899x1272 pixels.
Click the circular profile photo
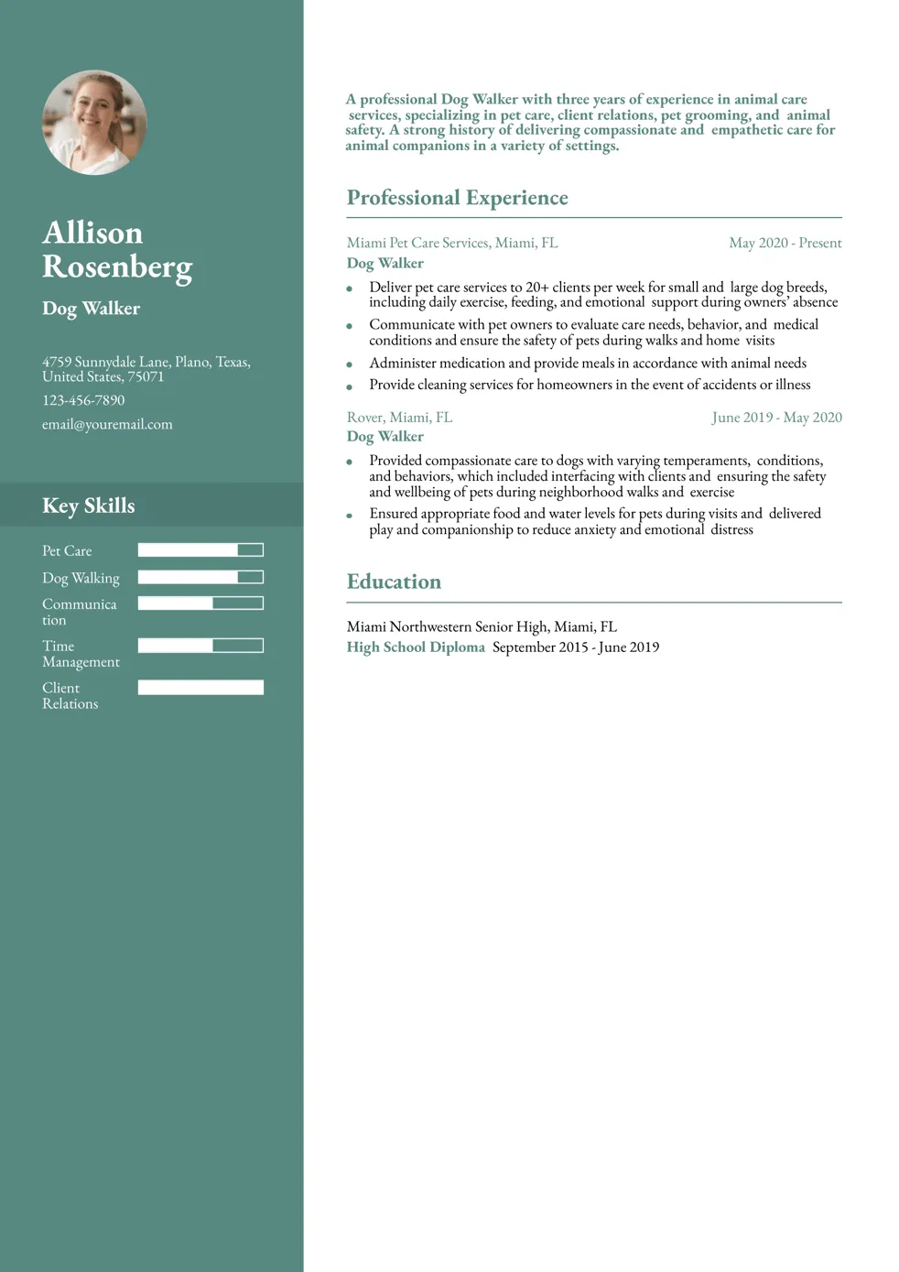(94, 122)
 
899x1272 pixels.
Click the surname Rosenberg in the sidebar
(117, 266)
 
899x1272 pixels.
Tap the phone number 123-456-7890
(83, 400)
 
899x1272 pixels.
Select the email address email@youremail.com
(107, 424)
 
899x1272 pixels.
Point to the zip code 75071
(146, 376)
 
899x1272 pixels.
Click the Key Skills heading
(88, 506)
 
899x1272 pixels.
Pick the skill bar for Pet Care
(200, 549)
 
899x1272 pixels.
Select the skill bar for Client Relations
(200, 687)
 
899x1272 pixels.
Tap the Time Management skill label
(81, 654)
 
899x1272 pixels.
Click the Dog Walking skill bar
(200, 577)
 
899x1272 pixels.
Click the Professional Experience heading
(457, 198)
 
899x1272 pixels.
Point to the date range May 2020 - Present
(785, 243)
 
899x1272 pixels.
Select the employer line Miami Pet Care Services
(451, 243)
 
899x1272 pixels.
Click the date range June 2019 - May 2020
(776, 418)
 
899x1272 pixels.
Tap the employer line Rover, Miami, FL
(399, 418)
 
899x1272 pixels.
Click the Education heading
(394, 582)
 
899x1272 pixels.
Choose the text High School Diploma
(416, 647)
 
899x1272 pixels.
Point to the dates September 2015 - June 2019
(576, 647)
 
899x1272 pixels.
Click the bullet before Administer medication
(349, 364)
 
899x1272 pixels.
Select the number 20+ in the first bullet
(536, 288)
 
